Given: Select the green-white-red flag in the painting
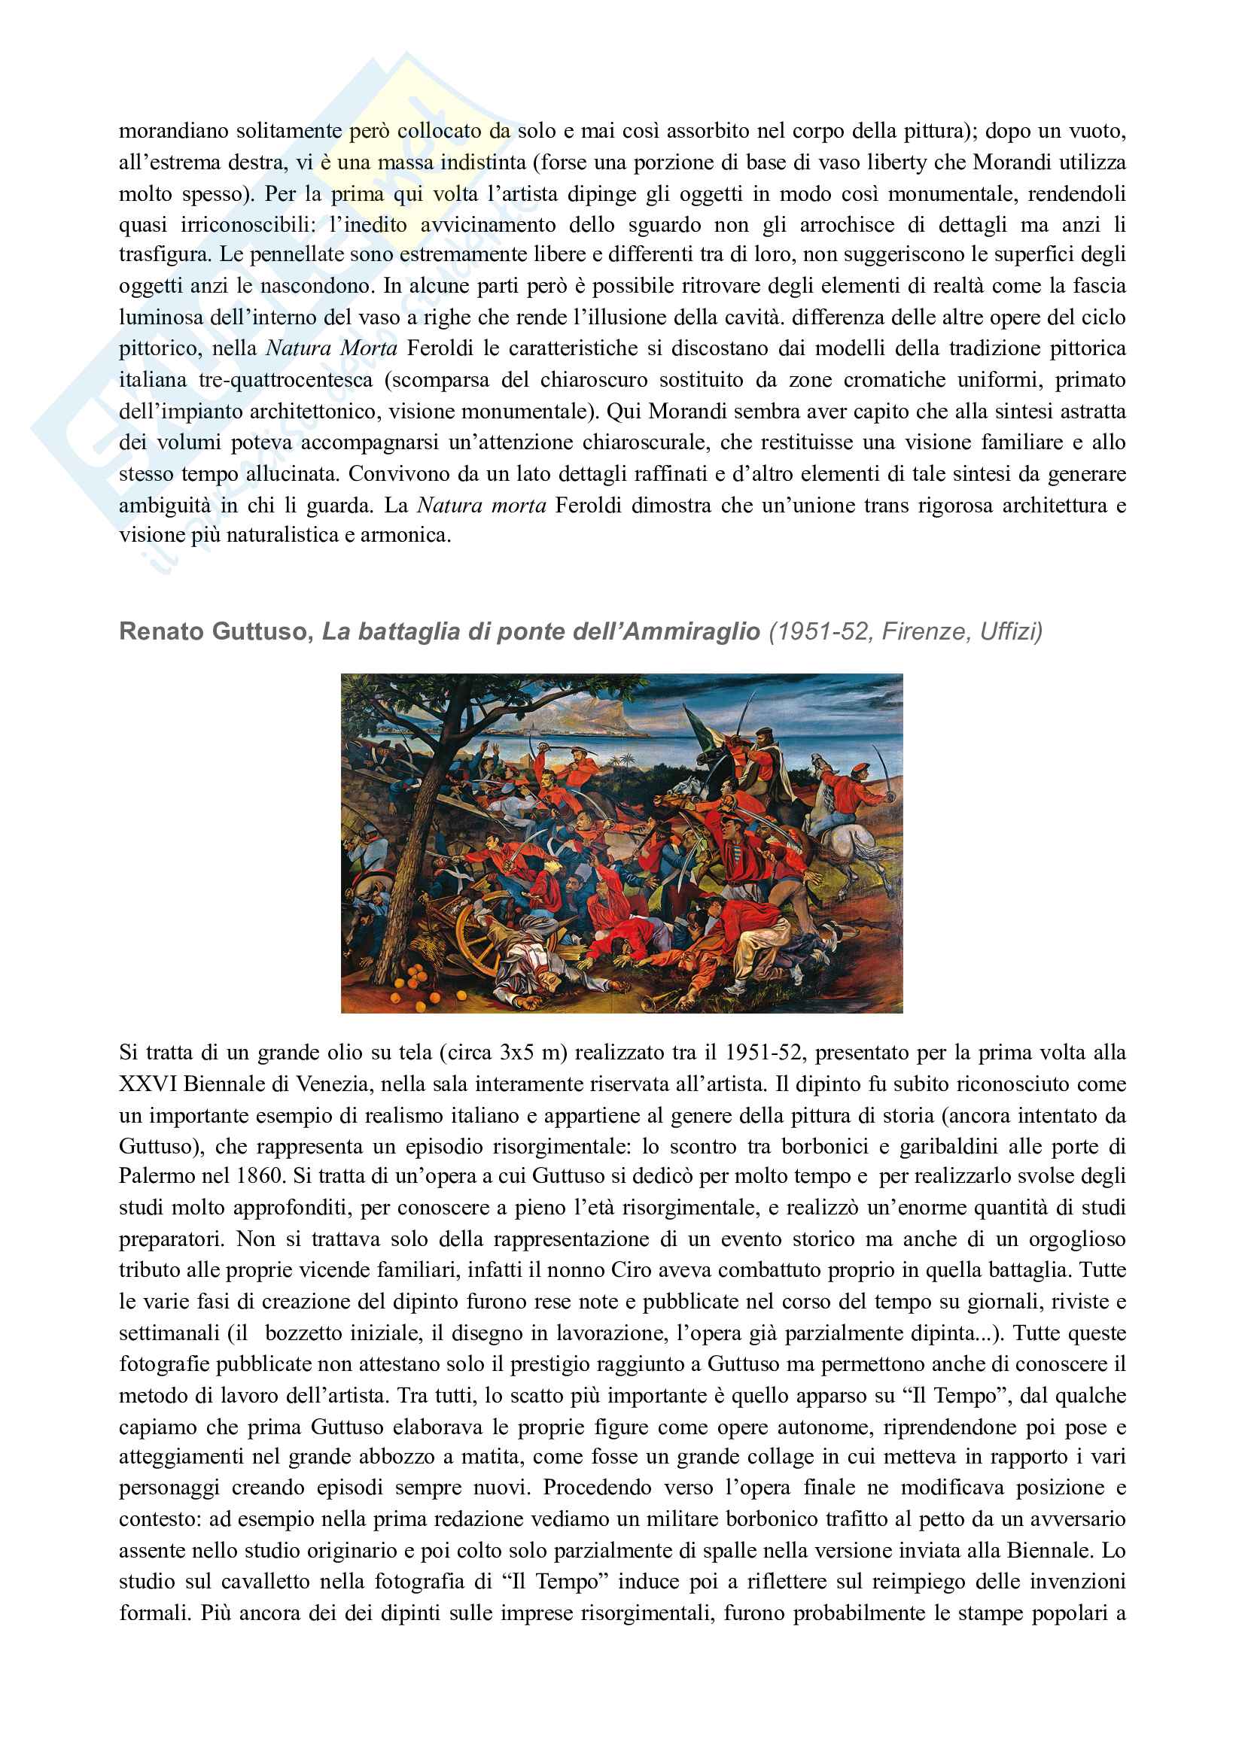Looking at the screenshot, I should pyautogui.click(x=702, y=728).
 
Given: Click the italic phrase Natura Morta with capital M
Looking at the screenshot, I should pyautogui.click(x=331, y=348).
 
